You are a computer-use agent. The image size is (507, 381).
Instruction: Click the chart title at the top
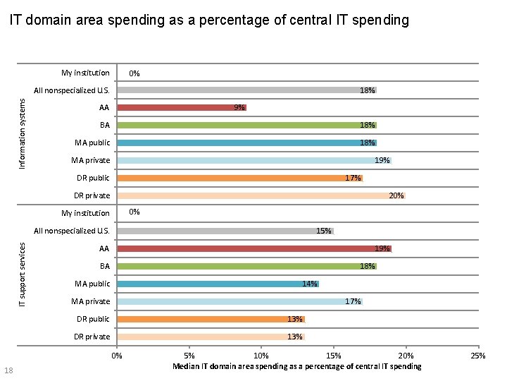pos(208,20)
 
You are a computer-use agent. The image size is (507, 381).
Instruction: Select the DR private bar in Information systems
pos(261,195)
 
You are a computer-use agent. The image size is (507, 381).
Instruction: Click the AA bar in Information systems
pos(182,108)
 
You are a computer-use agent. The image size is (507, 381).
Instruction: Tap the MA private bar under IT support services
pos(239,301)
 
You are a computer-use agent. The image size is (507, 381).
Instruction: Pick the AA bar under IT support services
pos(254,248)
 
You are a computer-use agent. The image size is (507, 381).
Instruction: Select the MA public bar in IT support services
pos(218,284)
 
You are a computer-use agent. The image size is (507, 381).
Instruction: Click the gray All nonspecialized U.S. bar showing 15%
pos(225,231)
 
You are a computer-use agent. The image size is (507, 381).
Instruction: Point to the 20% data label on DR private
pos(396,196)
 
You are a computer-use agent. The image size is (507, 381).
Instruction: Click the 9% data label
pos(239,108)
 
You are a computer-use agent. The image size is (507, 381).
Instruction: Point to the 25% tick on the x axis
pos(478,356)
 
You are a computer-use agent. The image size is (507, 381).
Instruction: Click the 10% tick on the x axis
pos(261,356)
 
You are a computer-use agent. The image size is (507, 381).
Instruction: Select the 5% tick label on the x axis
pos(189,356)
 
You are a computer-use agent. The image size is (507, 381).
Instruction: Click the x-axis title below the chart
pos(296,366)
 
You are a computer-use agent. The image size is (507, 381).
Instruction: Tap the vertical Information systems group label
pos(22,133)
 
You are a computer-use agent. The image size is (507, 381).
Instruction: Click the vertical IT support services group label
pos(22,274)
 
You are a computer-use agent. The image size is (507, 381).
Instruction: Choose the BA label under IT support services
pos(104,266)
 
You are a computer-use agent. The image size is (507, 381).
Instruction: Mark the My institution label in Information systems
pos(85,73)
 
